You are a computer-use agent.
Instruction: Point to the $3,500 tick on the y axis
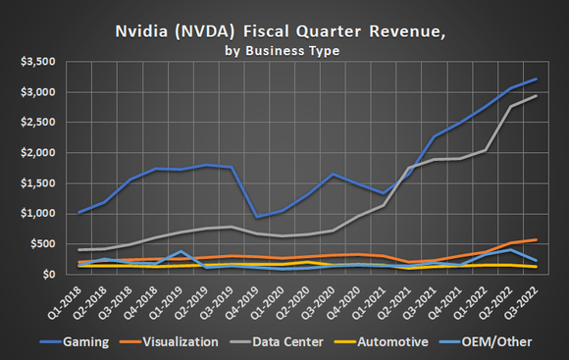[36, 62]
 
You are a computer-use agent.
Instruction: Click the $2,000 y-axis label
[36, 153]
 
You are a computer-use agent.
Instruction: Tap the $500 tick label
[40, 244]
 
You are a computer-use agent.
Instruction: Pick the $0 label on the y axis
[47, 275]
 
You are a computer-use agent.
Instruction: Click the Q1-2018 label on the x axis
[68, 300]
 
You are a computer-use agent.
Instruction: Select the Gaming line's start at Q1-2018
[79, 212]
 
